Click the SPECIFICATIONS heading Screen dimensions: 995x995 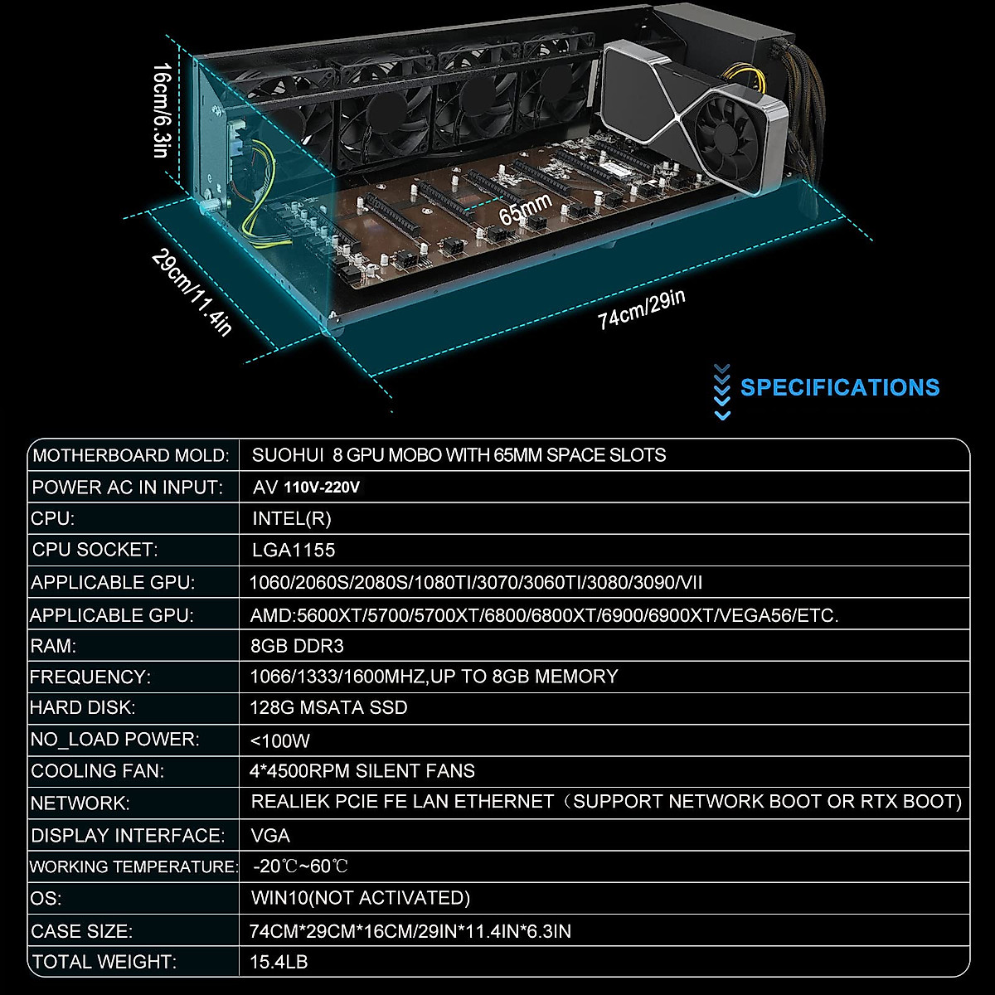tap(839, 388)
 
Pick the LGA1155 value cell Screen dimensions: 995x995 tap(294, 551)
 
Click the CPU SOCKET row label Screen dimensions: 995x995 tap(94, 550)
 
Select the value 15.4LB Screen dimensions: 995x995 tap(279, 963)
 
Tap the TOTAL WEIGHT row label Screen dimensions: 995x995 tap(104, 963)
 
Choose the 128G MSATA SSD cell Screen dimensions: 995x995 tap(328, 708)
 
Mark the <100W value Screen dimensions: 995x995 tap(279, 740)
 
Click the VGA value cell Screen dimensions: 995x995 tap(270, 836)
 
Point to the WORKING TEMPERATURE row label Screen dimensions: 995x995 tap(133, 867)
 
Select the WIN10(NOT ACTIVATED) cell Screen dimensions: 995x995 tap(360, 898)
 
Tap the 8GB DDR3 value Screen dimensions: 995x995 tap(296, 646)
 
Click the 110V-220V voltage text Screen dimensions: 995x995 tap(322, 488)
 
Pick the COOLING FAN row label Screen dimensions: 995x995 tap(98, 771)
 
